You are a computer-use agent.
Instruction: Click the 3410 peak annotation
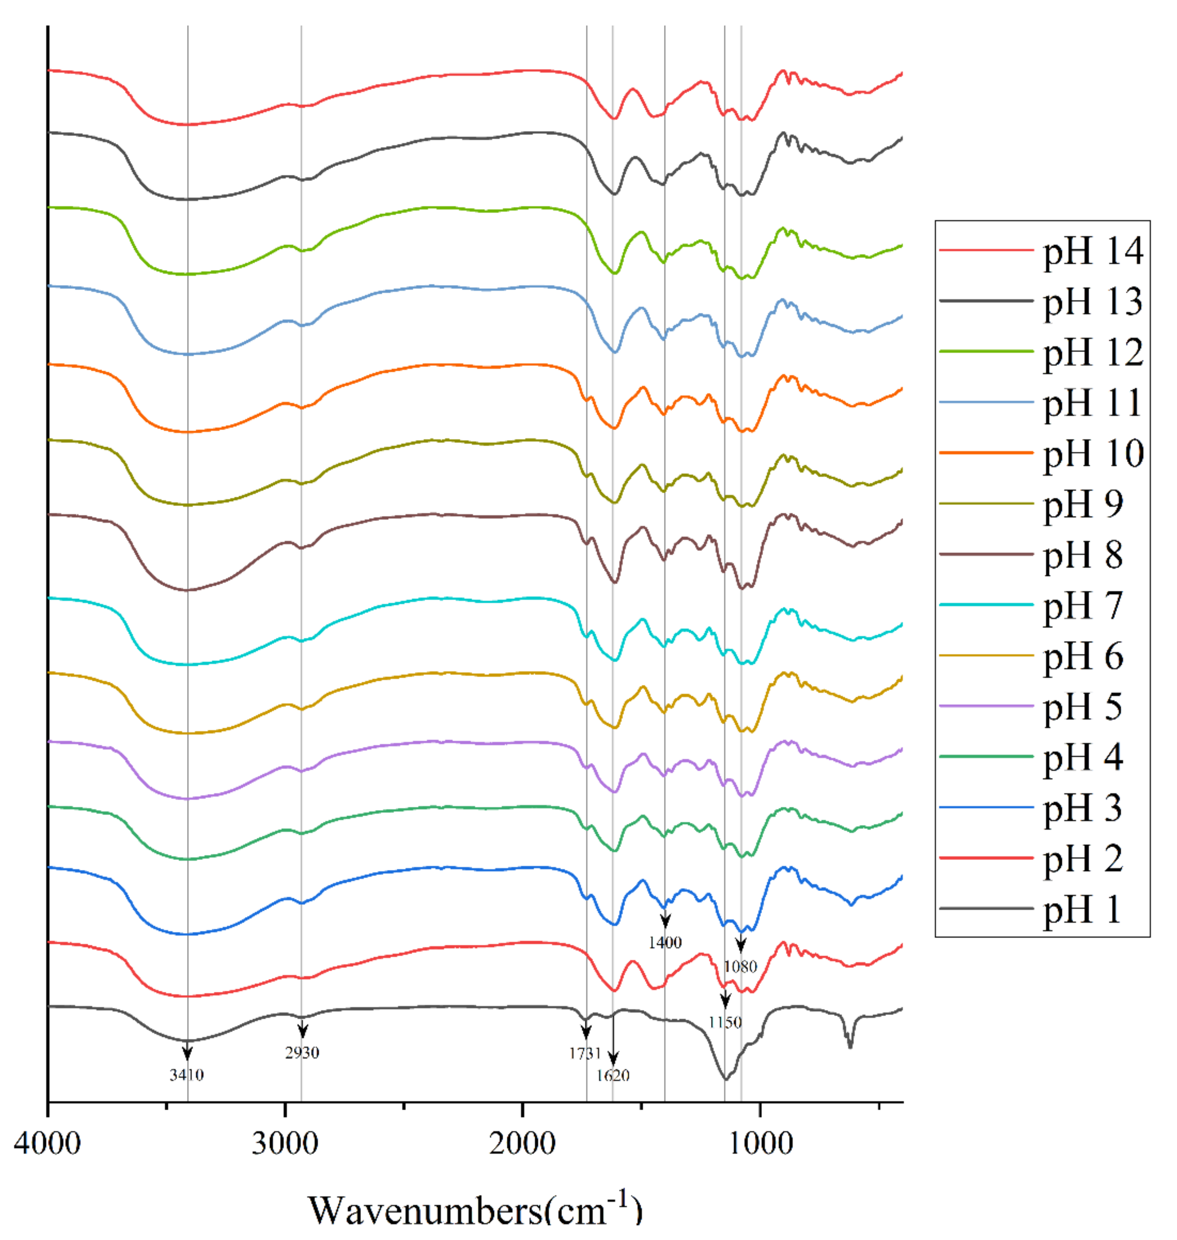click(x=186, y=1075)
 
